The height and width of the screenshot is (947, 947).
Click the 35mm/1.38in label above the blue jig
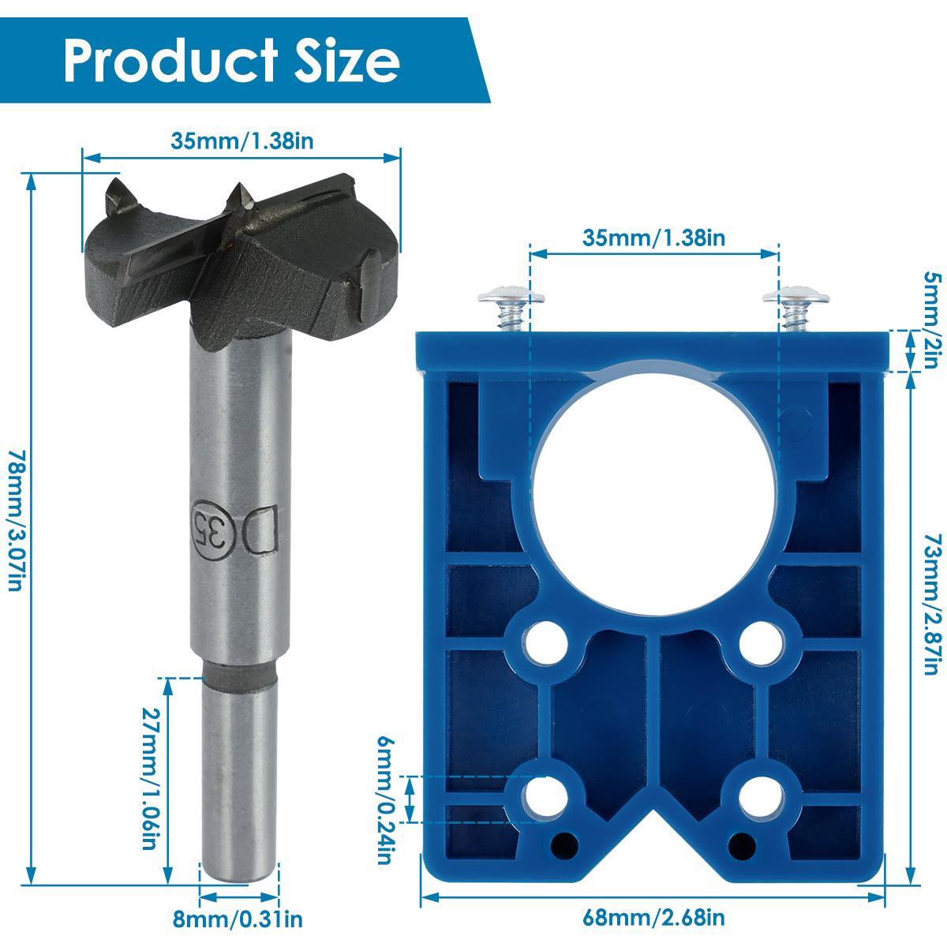click(654, 236)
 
